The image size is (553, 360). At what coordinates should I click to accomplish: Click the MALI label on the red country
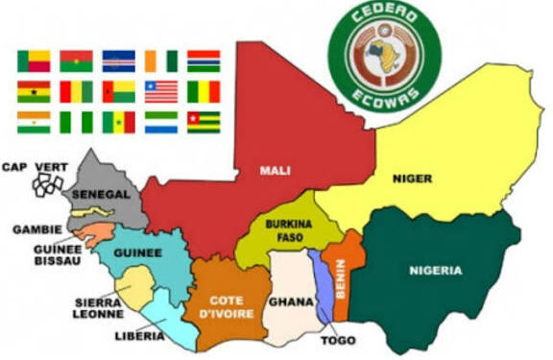(276, 171)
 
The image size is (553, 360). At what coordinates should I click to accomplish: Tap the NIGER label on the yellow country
(413, 178)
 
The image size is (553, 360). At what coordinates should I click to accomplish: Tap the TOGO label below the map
(337, 341)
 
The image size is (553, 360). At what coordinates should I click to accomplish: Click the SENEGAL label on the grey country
(101, 195)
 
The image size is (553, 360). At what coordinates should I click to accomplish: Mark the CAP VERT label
(34, 166)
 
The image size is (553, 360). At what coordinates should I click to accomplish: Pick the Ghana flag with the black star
(34, 92)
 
